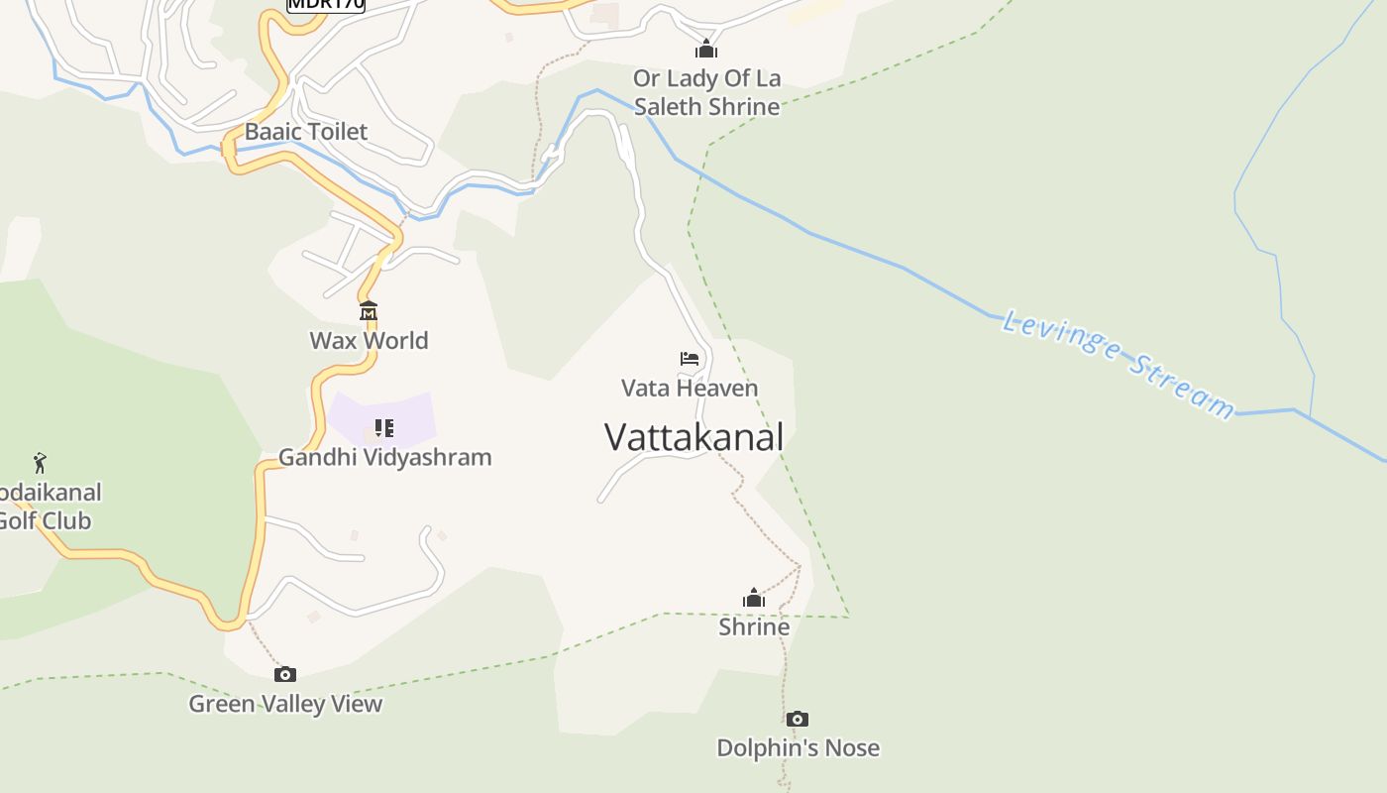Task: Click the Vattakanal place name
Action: pyautogui.click(x=693, y=437)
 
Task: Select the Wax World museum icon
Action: pyautogui.click(x=369, y=311)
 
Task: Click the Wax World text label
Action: pyautogui.click(x=369, y=341)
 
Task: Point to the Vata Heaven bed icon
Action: pyautogui.click(x=690, y=359)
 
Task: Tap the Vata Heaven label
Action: pyautogui.click(x=690, y=389)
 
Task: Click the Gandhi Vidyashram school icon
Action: pyautogui.click(x=384, y=428)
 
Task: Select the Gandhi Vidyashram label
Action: pyautogui.click(x=384, y=457)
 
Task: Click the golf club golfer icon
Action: pyautogui.click(x=40, y=463)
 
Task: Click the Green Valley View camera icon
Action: pyautogui.click(x=285, y=675)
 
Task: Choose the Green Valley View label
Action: pyautogui.click(x=285, y=704)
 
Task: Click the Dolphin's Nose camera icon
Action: pyautogui.click(x=798, y=719)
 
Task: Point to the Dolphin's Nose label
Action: pyautogui.click(x=798, y=747)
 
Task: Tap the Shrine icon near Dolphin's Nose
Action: pyautogui.click(x=754, y=598)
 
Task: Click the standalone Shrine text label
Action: pyautogui.click(x=754, y=626)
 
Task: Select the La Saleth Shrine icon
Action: pyautogui.click(x=705, y=49)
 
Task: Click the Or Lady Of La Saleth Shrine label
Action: pyautogui.click(x=706, y=92)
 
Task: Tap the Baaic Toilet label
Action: pyautogui.click(x=305, y=132)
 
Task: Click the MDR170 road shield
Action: pyautogui.click(x=326, y=4)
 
